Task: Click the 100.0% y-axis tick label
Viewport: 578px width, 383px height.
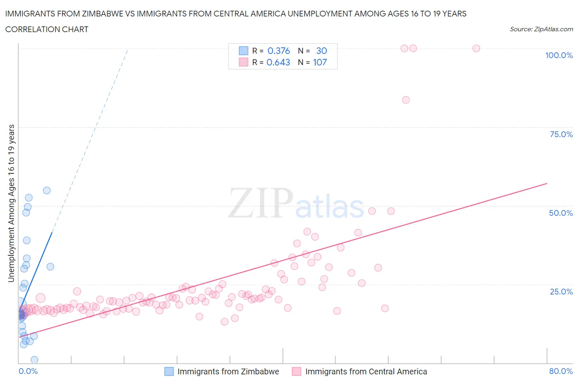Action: click(x=559, y=55)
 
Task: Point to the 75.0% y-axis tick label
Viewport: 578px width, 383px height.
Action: click(x=561, y=134)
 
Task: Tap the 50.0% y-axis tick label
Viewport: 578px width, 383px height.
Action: click(x=561, y=213)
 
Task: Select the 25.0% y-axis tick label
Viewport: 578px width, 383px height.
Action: click(x=561, y=292)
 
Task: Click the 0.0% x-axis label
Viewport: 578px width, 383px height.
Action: click(x=28, y=371)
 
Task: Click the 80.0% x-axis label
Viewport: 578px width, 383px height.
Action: click(x=561, y=371)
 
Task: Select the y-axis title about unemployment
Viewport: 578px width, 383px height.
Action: click(x=11, y=203)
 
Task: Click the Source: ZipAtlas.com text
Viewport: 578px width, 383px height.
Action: click(x=541, y=29)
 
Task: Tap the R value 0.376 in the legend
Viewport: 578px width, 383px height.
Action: click(x=278, y=51)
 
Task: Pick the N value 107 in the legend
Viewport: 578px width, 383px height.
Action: click(x=320, y=62)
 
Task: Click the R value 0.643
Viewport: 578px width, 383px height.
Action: click(x=278, y=62)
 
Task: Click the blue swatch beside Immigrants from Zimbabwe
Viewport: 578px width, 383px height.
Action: click(x=169, y=371)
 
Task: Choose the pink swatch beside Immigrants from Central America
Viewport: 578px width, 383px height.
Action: click(x=296, y=371)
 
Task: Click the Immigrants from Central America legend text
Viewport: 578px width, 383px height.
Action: click(x=366, y=371)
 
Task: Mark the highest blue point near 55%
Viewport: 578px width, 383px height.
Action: click(x=47, y=190)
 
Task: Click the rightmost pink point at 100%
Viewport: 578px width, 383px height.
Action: click(x=476, y=48)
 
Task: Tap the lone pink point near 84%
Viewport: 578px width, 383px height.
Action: click(x=406, y=100)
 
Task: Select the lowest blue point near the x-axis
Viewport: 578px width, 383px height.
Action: click(x=35, y=360)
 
